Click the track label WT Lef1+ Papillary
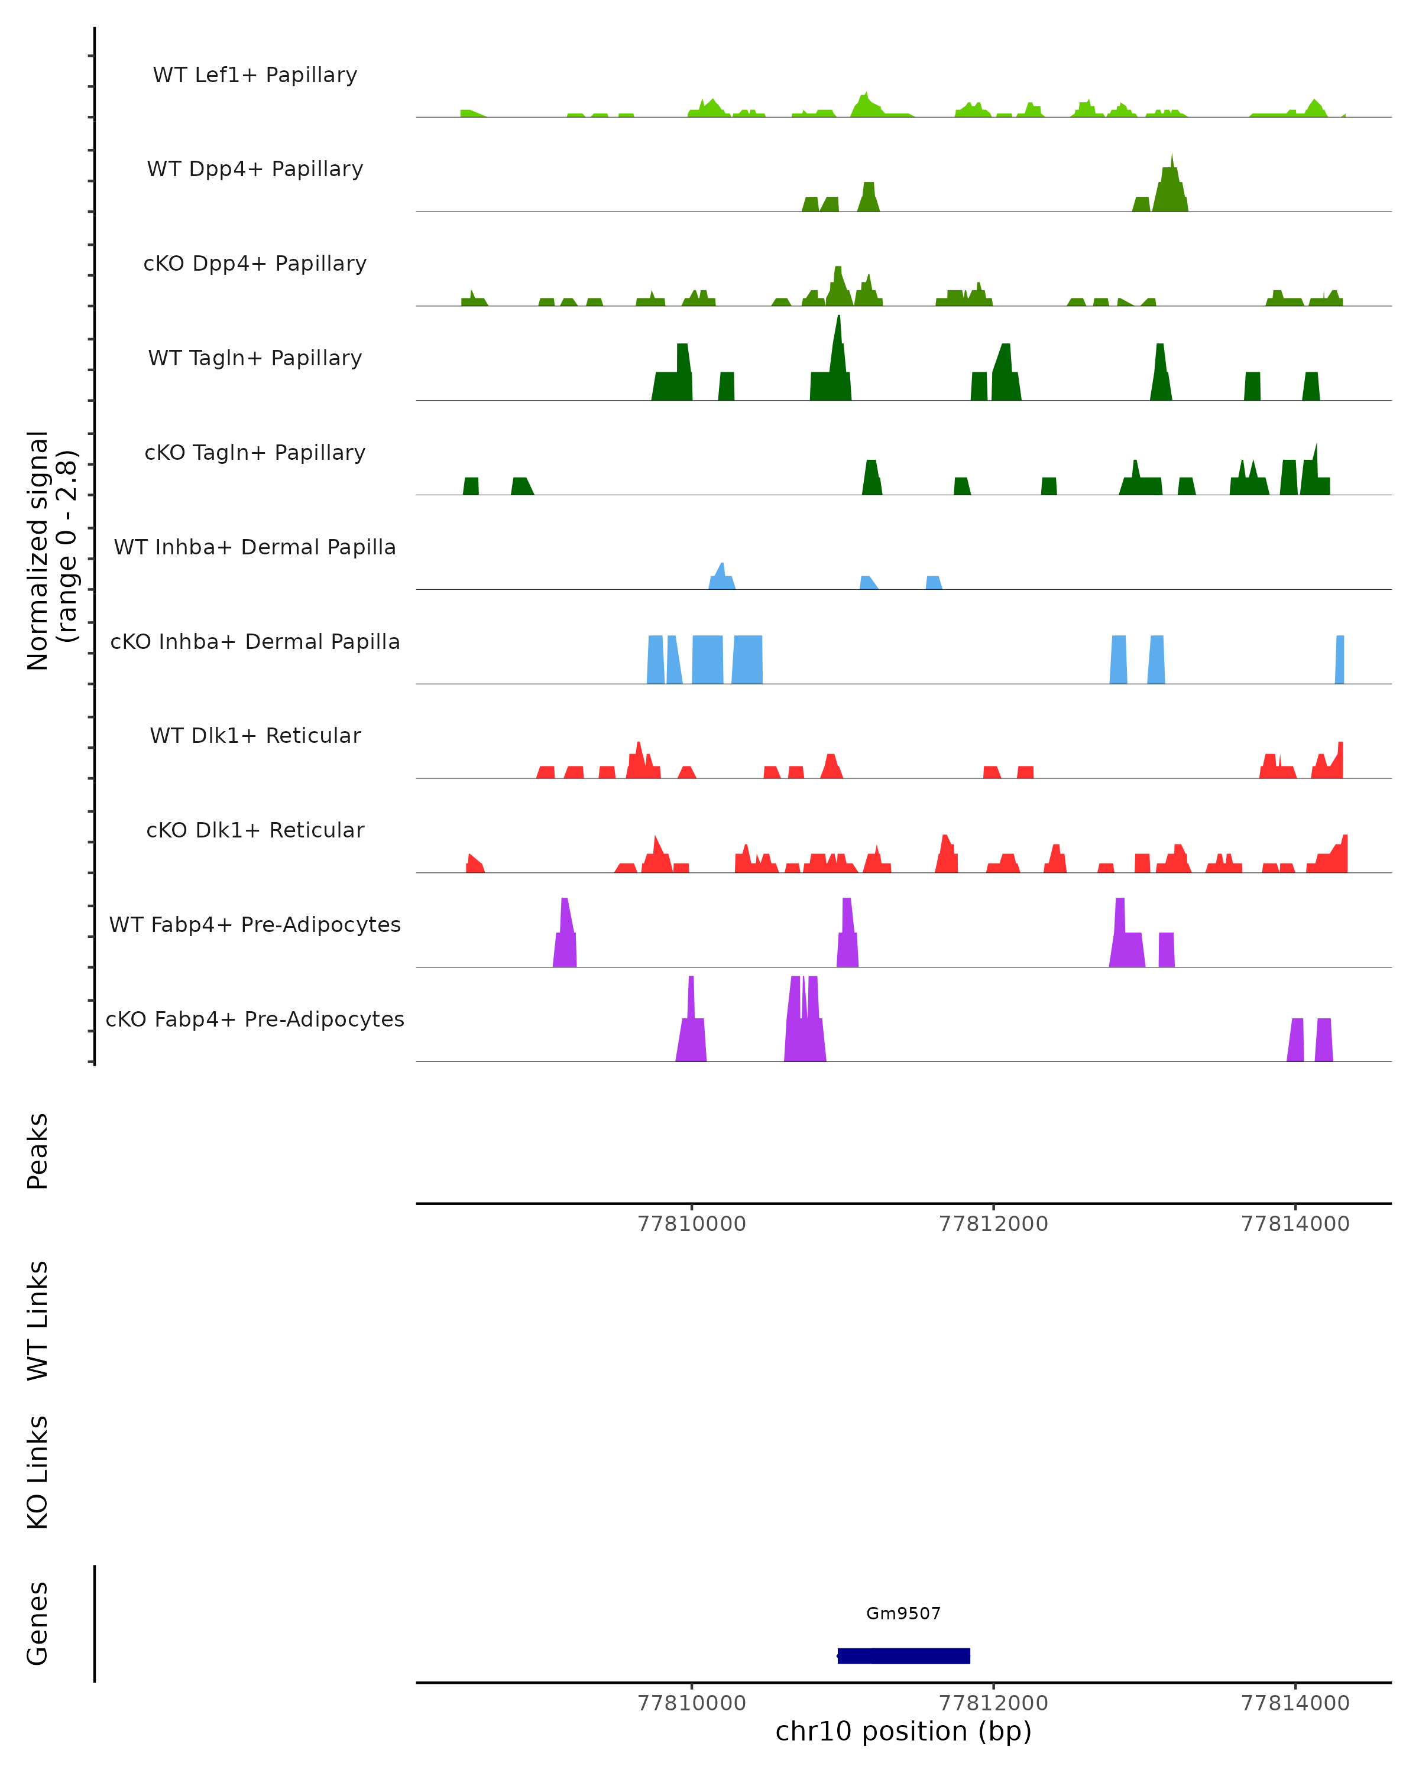(x=255, y=75)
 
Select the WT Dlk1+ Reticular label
(x=255, y=735)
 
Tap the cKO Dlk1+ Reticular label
(x=255, y=830)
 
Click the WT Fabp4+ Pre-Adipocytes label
(x=255, y=924)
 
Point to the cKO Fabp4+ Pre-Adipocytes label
(x=255, y=1019)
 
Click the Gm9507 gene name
(x=903, y=1613)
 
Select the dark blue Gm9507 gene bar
(x=903, y=1655)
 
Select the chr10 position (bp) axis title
(x=903, y=1731)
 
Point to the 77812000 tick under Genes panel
(x=994, y=1703)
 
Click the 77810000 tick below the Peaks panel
(x=692, y=1224)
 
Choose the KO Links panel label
(x=38, y=1473)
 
